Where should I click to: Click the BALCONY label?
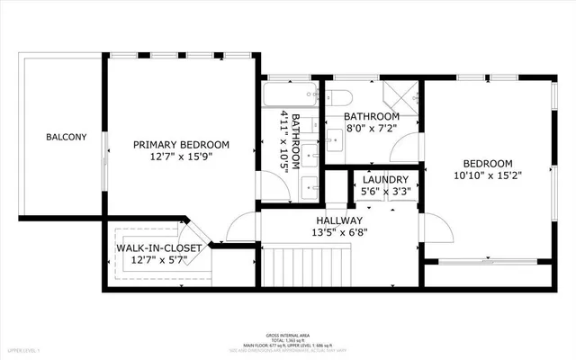[67, 137]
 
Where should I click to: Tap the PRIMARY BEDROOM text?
[181, 144]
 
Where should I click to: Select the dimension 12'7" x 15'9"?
[181, 157]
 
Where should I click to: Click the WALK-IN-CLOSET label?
[157, 248]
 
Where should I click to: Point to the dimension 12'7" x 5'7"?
[157, 261]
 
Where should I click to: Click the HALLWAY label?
[339, 220]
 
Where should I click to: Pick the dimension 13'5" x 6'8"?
[339, 233]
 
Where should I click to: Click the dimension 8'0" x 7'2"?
[371, 130]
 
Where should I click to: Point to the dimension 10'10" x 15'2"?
[489, 177]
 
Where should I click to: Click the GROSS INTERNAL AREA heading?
[289, 332]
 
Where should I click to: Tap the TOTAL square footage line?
[289, 338]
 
